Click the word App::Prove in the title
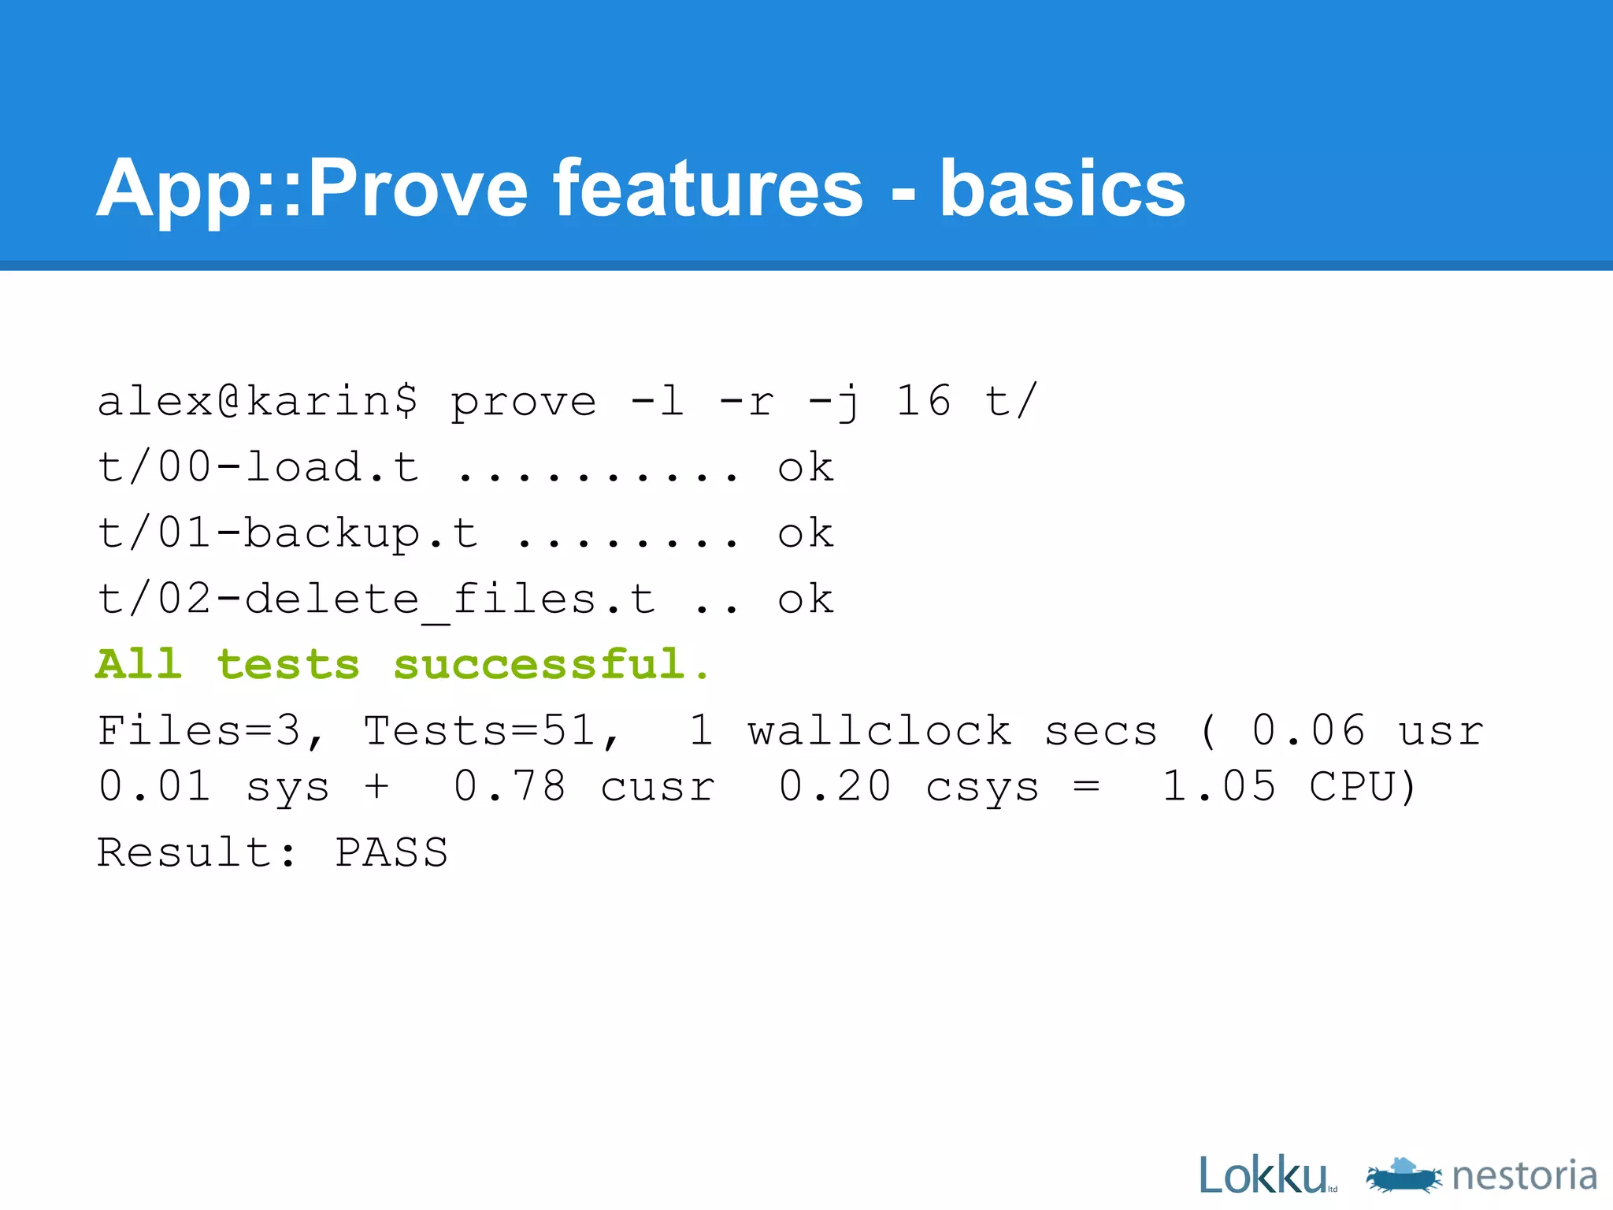tap(311, 189)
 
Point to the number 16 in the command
tap(923, 402)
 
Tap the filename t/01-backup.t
tap(287, 534)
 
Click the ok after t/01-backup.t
tap(805, 534)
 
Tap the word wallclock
tap(879, 731)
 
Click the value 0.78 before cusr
tap(510, 786)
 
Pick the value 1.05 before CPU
tap(1218, 786)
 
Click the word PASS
tap(391, 852)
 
